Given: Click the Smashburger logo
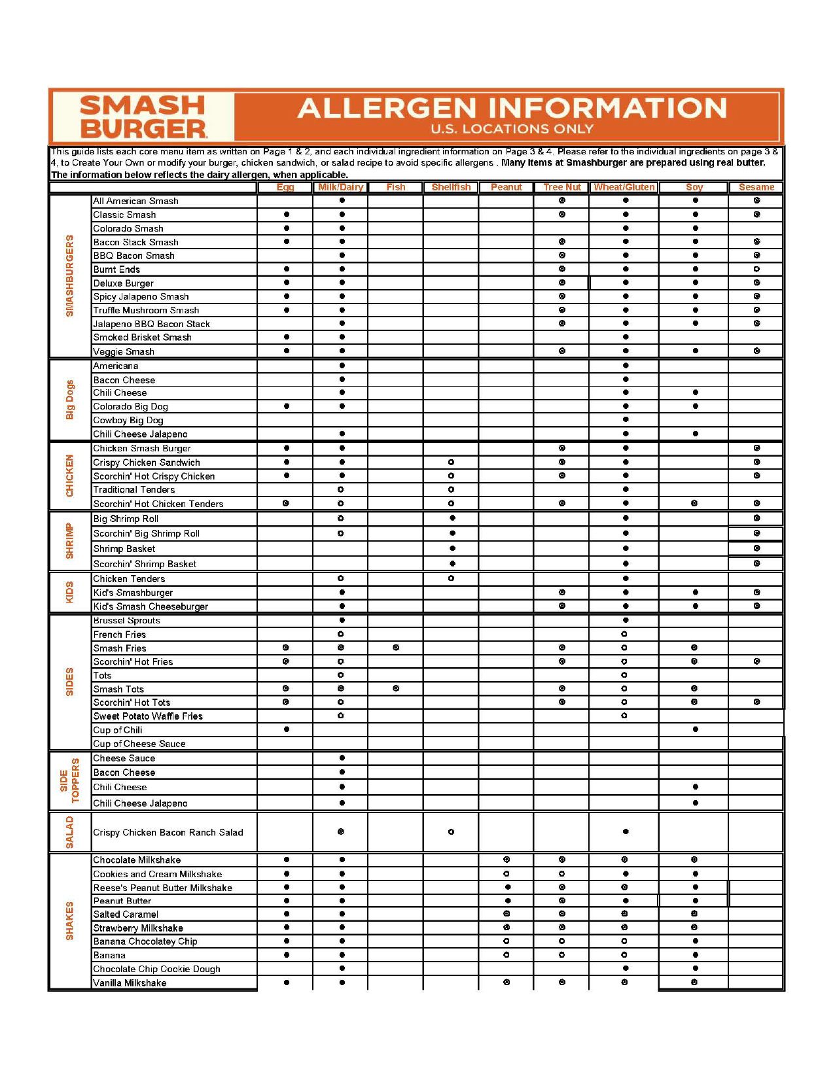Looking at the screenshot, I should [143, 116].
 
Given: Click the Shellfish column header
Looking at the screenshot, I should [451, 187].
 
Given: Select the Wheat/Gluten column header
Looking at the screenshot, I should [624, 187].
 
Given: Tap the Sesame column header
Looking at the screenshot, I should [756, 187].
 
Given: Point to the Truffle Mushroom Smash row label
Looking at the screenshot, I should [146, 310].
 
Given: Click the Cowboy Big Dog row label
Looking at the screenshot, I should [128, 420].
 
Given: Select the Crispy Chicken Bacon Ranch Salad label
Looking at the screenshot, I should [168, 832].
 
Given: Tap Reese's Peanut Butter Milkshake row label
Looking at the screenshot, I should [162, 888].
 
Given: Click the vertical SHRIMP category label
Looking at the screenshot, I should [70, 541].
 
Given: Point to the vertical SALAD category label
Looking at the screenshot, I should [70, 832].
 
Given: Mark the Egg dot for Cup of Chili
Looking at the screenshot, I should [287, 729].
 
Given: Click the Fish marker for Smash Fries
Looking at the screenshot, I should [396, 648].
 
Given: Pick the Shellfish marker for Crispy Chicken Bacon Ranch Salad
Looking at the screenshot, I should [451, 832].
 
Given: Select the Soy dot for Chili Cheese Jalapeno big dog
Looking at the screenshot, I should [695, 434].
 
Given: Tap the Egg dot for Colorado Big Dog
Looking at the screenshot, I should [287, 406].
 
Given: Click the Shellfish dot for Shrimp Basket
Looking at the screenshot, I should [452, 548].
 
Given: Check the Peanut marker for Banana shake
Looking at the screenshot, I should [506, 955].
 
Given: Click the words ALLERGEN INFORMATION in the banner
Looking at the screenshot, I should [512, 108].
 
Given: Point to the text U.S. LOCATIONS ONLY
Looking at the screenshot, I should [512, 129].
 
